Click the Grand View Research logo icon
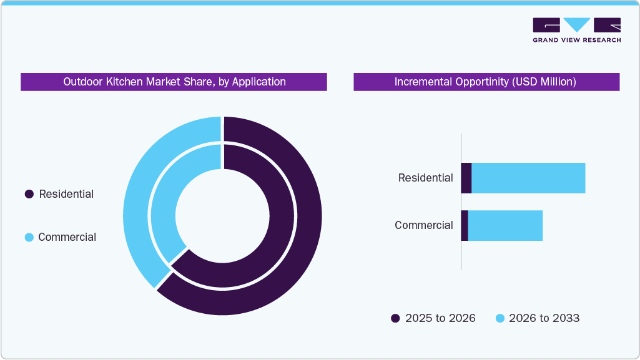click(x=576, y=25)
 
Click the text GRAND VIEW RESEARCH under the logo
click(x=576, y=40)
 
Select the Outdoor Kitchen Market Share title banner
click(x=174, y=82)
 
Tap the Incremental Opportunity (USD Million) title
click(x=486, y=82)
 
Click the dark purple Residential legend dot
click(x=29, y=195)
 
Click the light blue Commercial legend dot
click(x=29, y=238)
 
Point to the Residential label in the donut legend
click(x=66, y=194)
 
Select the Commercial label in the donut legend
click(x=67, y=237)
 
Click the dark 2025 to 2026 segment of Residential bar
click(x=466, y=178)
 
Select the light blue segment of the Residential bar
click(x=528, y=178)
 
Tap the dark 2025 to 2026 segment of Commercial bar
click(x=464, y=225)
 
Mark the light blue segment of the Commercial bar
click(x=505, y=225)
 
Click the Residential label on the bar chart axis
click(x=425, y=178)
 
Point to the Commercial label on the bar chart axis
click(x=423, y=225)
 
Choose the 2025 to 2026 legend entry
click(x=433, y=318)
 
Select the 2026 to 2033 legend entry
click(x=537, y=318)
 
